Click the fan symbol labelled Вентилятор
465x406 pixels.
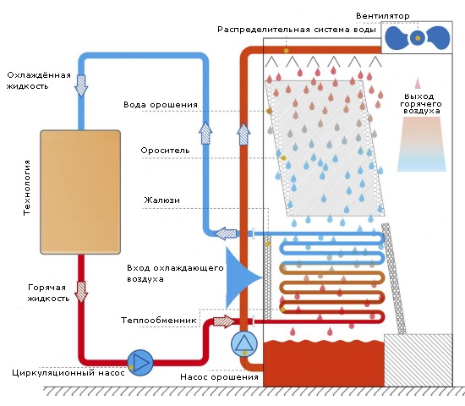tap(418, 38)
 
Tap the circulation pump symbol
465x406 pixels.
tap(140, 363)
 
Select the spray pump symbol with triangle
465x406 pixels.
tap(244, 344)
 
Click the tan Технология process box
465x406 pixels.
tap(80, 192)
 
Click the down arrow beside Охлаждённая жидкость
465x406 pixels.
tap(81, 85)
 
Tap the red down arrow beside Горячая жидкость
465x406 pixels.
tap(81, 292)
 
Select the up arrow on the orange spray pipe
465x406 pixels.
tap(243, 134)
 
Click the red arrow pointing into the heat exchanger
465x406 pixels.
tap(225, 321)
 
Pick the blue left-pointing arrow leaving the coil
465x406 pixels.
tap(226, 233)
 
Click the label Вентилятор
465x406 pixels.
tap(382, 16)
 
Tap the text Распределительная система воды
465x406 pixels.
tap(297, 30)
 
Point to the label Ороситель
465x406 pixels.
tap(165, 151)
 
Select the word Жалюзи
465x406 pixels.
tap(162, 200)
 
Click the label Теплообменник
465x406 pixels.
tap(158, 321)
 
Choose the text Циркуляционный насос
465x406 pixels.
tap(68, 373)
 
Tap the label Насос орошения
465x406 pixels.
tap(219, 377)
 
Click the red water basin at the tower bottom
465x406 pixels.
tap(324, 364)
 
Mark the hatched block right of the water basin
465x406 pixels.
tap(418, 360)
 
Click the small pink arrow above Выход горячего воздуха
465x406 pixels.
tap(418, 83)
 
